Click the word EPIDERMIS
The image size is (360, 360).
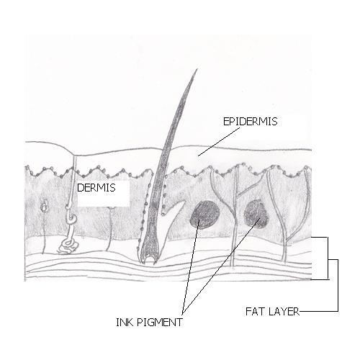pos(250,122)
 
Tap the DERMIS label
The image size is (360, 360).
pos(96,188)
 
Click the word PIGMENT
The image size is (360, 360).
pos(160,322)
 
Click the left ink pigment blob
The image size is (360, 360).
pos(205,215)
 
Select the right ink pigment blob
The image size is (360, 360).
pos(256,214)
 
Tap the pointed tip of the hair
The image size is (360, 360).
pos(197,69)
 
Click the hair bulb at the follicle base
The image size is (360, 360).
pos(149,257)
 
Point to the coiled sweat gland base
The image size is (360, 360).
pos(68,247)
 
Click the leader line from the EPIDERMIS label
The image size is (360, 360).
pos(219,142)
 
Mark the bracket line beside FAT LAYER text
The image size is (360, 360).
pos(338,286)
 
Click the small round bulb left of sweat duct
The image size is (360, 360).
pos(45,207)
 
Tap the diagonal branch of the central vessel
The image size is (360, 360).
pos(247,190)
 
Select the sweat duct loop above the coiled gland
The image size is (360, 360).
pos(71,216)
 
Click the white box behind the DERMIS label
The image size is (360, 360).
pos(104,193)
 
